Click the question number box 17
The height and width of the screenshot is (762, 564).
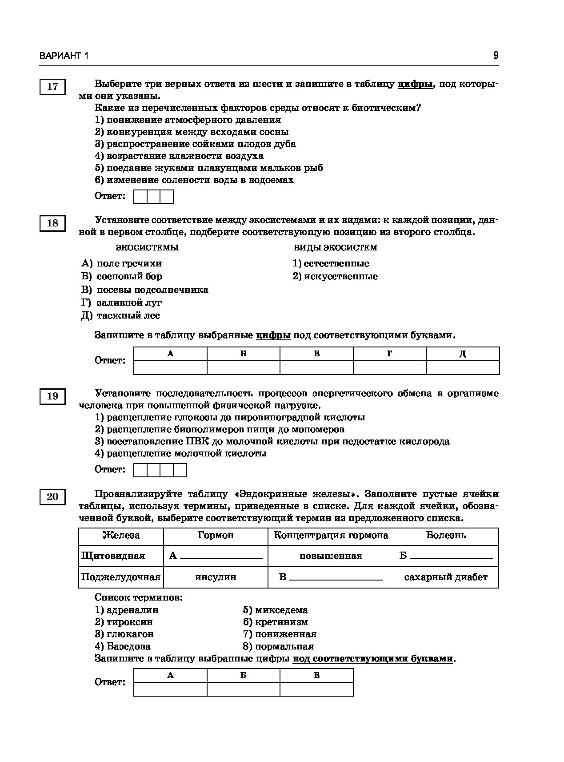pos(52,86)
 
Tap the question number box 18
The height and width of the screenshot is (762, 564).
pos(52,223)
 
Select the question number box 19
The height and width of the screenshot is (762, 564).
pos(52,396)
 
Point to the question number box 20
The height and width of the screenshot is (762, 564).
pos(52,496)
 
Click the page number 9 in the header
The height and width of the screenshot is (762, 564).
pos(496,56)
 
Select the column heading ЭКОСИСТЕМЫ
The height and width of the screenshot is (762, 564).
pos(147,247)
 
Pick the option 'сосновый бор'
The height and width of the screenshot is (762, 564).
pos(129,276)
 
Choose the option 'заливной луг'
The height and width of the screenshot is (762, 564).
pos(129,302)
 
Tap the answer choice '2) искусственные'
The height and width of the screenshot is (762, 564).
pos(335,276)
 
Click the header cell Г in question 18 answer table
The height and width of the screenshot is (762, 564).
pos(389,354)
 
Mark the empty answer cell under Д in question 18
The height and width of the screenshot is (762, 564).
pos(463,367)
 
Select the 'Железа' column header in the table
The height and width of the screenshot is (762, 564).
pos(121,536)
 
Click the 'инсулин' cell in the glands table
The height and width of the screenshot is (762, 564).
pos(216,577)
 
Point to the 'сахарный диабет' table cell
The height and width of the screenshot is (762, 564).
pos(446,577)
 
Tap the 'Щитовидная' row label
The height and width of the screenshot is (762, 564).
pos(113,556)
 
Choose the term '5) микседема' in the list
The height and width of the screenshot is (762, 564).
pos(275,610)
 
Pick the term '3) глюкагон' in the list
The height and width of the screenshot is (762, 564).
pos(124,634)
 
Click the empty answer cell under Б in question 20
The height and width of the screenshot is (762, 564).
pos(243,689)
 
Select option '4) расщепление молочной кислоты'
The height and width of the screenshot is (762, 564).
pos(180,453)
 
